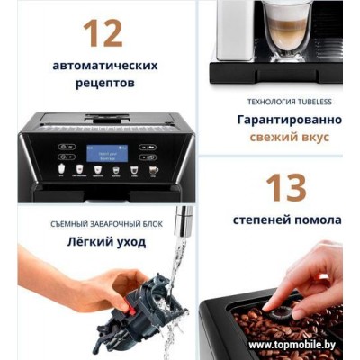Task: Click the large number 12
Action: pyautogui.click(x=103, y=32)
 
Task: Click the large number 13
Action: pyautogui.click(x=283, y=187)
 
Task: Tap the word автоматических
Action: pyautogui.click(x=104, y=66)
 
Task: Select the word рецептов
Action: pyautogui.click(x=104, y=83)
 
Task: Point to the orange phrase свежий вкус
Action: pyautogui.click(x=283, y=137)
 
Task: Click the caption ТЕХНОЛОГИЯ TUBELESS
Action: pyautogui.click(x=283, y=102)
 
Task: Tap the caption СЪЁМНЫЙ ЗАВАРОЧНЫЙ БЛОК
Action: pyautogui.click(x=94, y=222)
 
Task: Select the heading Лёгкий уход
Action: pyautogui.click(x=94, y=241)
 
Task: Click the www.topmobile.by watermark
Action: pyautogui.click(x=297, y=345)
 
